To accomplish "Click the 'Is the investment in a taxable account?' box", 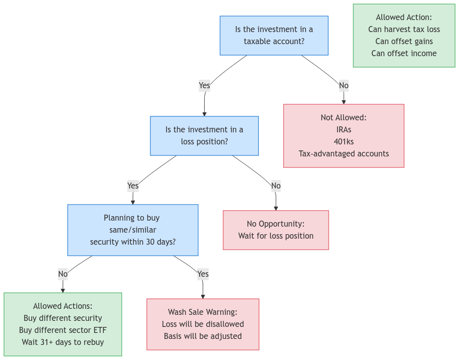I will (x=274, y=35).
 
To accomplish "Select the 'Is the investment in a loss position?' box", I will (x=204, y=135).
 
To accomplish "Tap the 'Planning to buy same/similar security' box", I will (x=132, y=230).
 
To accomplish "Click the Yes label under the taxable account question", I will (x=204, y=86).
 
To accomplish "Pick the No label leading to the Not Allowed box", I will (x=344, y=86).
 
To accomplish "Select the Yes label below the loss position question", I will (x=132, y=186).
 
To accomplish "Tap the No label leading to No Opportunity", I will (x=276, y=186).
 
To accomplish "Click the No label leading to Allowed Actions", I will (x=63, y=274).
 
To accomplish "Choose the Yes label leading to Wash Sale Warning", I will (x=203, y=274).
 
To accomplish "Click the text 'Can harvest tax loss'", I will (x=404, y=30).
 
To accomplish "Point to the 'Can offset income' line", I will (x=404, y=53).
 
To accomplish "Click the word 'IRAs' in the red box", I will (x=344, y=129).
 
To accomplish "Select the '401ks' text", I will (x=344, y=141).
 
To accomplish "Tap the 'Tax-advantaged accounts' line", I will (x=344, y=153).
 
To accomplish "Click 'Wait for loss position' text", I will (x=276, y=236).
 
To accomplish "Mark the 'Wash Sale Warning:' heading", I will (x=203, y=312).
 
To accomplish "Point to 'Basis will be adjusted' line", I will (x=203, y=336).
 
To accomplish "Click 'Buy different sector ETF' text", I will (x=63, y=330).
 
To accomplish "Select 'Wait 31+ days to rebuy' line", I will (x=63, y=342).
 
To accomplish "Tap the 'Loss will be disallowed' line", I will (x=203, y=324).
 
